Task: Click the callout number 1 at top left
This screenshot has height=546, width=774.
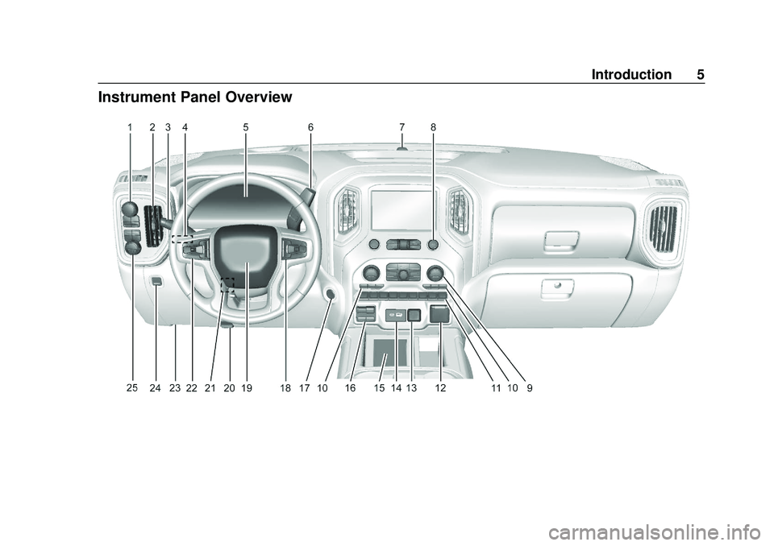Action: pyautogui.click(x=130, y=127)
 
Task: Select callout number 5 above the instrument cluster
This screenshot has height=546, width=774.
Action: pyautogui.click(x=246, y=127)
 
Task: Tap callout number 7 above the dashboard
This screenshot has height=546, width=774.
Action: pyautogui.click(x=402, y=127)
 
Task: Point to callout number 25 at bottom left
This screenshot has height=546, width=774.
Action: pyautogui.click(x=131, y=387)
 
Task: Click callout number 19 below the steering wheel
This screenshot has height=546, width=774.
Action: pyautogui.click(x=247, y=388)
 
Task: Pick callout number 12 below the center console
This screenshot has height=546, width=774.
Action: pyautogui.click(x=440, y=388)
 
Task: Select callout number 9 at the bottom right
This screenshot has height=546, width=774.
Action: pyautogui.click(x=530, y=388)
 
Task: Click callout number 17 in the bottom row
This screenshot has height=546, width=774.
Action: pyautogui.click(x=305, y=388)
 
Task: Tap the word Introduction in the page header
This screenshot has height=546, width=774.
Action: pyautogui.click(x=631, y=74)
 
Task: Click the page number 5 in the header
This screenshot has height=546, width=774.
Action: pyautogui.click(x=701, y=74)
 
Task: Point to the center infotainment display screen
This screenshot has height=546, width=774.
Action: pyautogui.click(x=403, y=209)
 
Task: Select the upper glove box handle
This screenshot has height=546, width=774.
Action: pyautogui.click(x=562, y=239)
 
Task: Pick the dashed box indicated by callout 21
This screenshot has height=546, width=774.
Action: pyautogui.click(x=227, y=284)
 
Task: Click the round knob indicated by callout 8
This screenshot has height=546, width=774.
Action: pyautogui.click(x=433, y=244)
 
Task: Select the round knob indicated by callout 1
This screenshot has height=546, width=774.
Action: pyautogui.click(x=130, y=210)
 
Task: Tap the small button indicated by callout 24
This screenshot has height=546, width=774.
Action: pyautogui.click(x=156, y=281)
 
